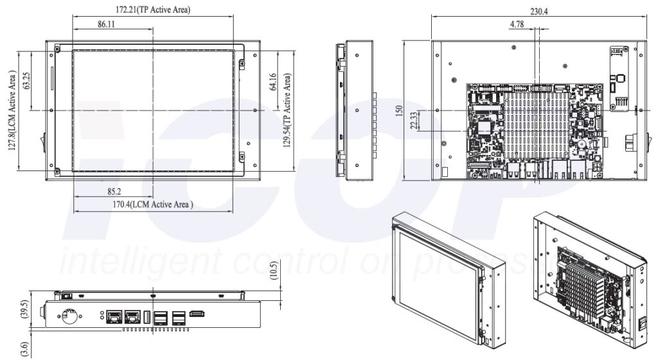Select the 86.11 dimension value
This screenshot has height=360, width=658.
click(x=111, y=23)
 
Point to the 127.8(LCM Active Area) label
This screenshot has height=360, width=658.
click(x=11, y=111)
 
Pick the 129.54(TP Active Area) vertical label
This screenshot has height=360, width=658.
click(x=289, y=110)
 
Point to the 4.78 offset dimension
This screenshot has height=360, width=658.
click(x=517, y=24)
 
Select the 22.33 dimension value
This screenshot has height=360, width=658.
click(x=414, y=120)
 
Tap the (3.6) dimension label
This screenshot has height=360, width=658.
click(x=24, y=348)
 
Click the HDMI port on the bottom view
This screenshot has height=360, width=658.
click(x=198, y=314)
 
